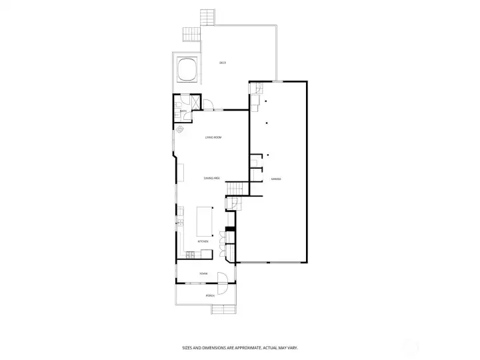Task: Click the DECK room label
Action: click(223, 63)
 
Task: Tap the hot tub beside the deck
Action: click(187, 69)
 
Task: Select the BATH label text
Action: click(174, 111)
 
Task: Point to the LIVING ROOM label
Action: click(213, 137)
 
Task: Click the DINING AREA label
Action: click(212, 179)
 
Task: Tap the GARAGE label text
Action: click(275, 179)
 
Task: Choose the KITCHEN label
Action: click(203, 241)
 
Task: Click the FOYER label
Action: click(203, 273)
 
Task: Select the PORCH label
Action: click(209, 295)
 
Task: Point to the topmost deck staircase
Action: click(208, 16)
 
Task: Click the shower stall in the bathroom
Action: click(189, 103)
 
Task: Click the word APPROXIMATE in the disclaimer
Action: click(252, 347)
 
